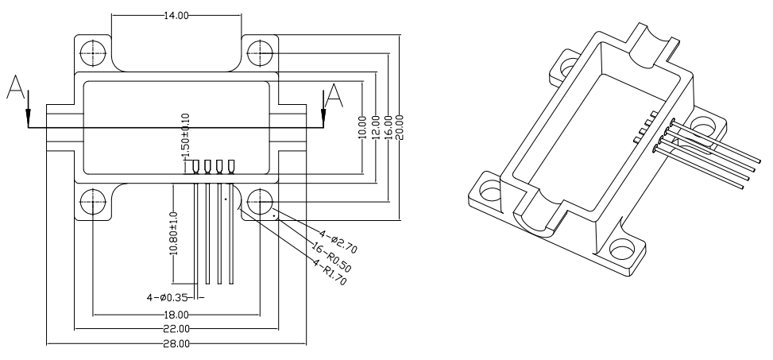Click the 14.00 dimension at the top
[176, 15]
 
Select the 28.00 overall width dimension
[176, 344]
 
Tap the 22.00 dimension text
[176, 328]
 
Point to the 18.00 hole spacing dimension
[176, 315]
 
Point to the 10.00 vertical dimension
[363, 127]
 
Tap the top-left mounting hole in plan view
[93, 52]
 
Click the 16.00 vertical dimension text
[387, 127]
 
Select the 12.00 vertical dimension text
[375, 127]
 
